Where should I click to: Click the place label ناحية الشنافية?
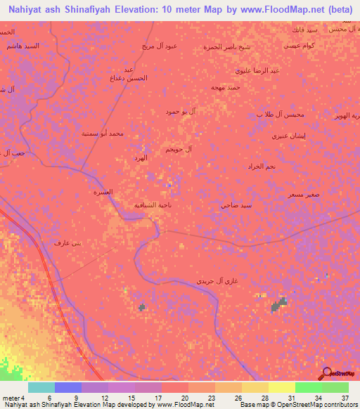(152, 205)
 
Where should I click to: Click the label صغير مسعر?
(300, 194)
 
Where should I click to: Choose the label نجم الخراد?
(260, 167)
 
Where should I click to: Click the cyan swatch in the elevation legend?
(41, 387)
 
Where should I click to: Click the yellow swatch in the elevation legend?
(281, 387)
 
